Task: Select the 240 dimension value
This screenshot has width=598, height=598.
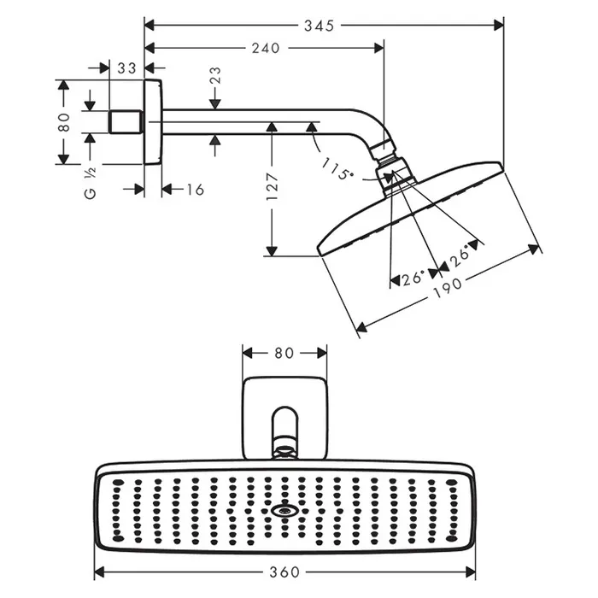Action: coord(266,49)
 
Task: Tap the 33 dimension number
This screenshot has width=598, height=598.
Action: coord(127,67)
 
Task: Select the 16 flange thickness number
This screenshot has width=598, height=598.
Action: coord(195,189)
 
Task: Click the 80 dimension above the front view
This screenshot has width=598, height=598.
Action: coord(284,352)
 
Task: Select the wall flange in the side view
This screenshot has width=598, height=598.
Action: coord(152,122)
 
